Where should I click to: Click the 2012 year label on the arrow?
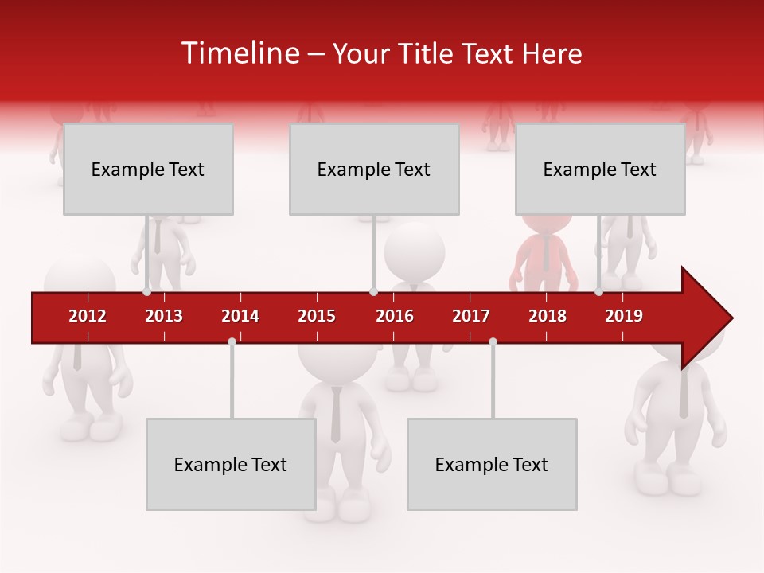(x=88, y=316)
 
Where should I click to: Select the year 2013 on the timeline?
(x=164, y=316)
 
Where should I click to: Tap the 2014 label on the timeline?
(x=240, y=316)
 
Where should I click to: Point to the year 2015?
(x=317, y=316)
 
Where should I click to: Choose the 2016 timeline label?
(x=395, y=316)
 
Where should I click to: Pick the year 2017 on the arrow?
(x=471, y=316)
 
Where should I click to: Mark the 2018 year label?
(x=548, y=316)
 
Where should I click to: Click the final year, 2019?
(x=624, y=316)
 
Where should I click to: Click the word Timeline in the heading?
(x=239, y=53)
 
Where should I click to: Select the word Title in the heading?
(x=428, y=54)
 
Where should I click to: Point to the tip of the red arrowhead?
(x=731, y=318)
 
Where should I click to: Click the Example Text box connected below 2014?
(x=231, y=464)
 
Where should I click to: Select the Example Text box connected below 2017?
(x=492, y=464)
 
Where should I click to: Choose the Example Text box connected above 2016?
(x=374, y=169)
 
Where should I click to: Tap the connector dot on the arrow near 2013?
(x=146, y=292)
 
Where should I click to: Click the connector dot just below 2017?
(x=493, y=342)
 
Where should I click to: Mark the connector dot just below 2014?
(x=232, y=342)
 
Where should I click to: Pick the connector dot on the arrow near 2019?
(x=598, y=292)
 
